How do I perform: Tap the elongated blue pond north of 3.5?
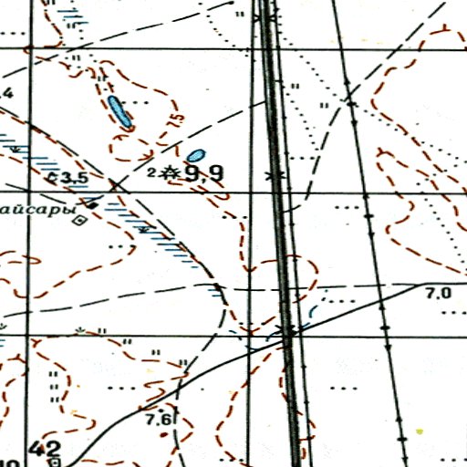click(119, 111)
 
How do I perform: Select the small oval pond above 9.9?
click(196, 155)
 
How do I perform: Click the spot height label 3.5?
click(73, 178)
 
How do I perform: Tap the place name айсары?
click(35, 208)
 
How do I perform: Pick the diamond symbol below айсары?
click(80, 219)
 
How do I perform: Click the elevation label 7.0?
click(439, 294)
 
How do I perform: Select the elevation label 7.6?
click(159, 419)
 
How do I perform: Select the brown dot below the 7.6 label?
click(165, 434)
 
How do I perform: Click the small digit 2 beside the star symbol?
click(150, 171)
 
